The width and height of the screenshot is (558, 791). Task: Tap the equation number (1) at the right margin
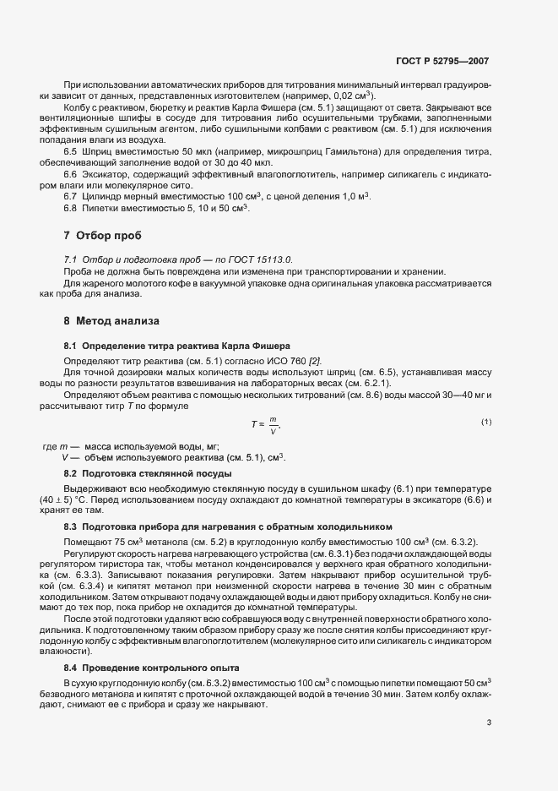click(485, 421)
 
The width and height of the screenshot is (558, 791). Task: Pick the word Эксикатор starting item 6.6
click(100, 174)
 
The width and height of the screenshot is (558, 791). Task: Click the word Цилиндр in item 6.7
click(99, 196)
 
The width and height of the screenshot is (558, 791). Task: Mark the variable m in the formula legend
click(64, 445)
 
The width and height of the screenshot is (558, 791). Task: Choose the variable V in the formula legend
click(65, 457)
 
